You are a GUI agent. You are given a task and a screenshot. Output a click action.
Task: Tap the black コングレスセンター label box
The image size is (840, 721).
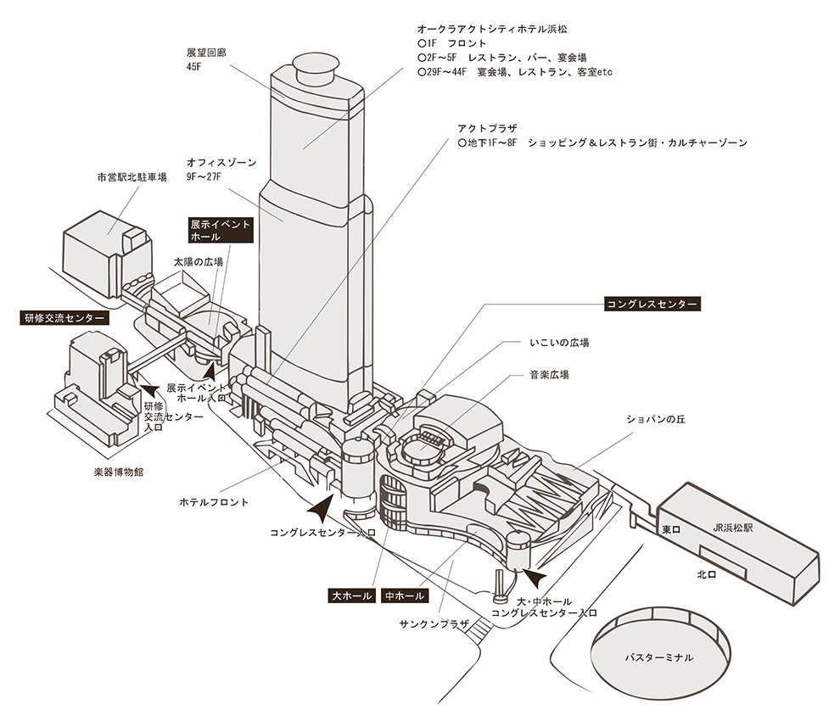pos(652,304)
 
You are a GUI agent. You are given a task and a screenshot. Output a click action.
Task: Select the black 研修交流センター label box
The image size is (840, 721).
pos(64,318)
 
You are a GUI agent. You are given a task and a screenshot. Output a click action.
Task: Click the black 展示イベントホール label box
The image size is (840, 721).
pos(221,231)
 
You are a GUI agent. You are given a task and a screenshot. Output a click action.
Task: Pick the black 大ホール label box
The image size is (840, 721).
pos(351,596)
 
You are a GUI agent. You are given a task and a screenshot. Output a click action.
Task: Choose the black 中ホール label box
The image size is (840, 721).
pos(405,596)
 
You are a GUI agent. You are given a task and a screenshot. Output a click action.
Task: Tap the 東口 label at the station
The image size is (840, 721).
pos(671,529)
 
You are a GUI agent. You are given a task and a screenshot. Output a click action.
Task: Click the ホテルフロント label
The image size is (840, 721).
pos(214,502)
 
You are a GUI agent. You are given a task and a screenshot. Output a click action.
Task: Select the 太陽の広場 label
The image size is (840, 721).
pos(199,263)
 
